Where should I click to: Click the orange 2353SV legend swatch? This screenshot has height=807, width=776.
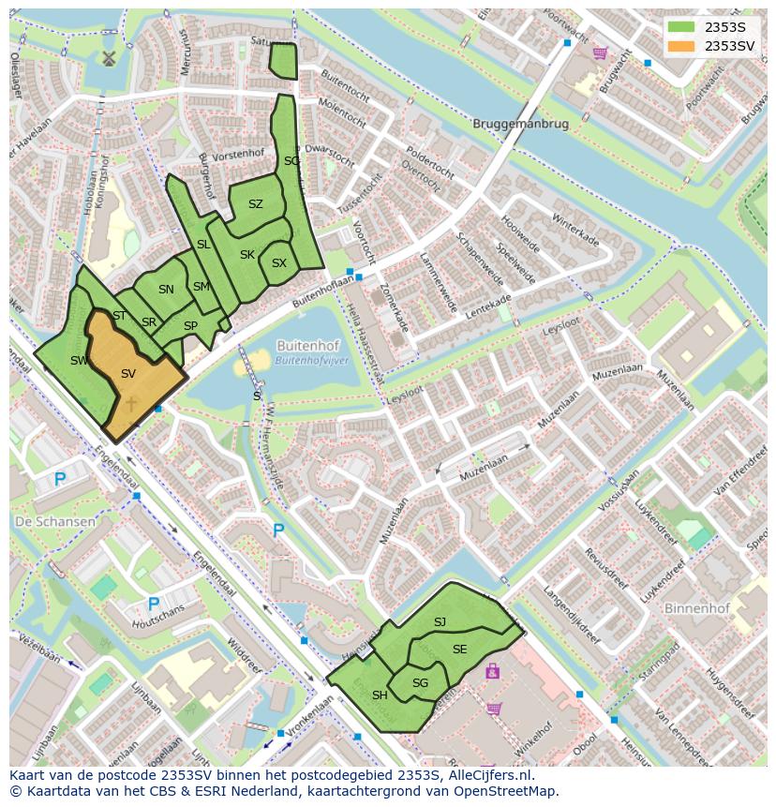pos(681,46)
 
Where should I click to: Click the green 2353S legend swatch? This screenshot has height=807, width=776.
pos(681,27)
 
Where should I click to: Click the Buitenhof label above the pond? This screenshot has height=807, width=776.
pos(306,345)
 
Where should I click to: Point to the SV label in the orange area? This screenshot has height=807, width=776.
pos(128,374)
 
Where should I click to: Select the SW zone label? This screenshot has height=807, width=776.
pos(79,360)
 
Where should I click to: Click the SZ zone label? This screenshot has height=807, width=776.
pos(256,204)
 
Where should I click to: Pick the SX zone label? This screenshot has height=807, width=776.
pos(278,263)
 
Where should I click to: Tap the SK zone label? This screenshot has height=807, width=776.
pos(246,255)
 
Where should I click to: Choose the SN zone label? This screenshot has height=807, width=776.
pos(166,290)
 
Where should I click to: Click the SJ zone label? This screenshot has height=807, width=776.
pos(440,622)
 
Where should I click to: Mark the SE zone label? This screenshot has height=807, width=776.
pos(459,650)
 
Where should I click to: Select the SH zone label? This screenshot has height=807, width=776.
pos(380,695)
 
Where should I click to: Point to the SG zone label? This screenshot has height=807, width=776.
pos(420,683)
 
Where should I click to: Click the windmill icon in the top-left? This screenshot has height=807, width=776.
pos(108,58)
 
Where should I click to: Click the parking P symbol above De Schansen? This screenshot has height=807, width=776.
pos(60,480)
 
